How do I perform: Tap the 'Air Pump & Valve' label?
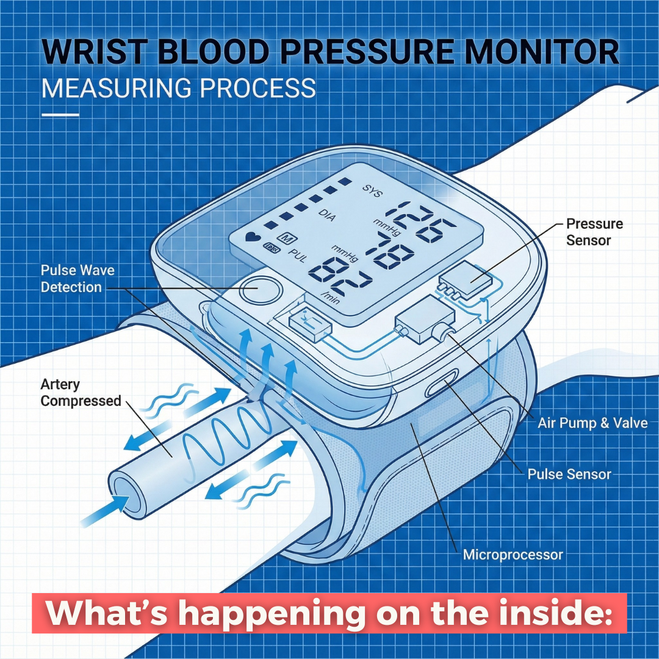coord(592,422)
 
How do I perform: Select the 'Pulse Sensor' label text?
coord(569,474)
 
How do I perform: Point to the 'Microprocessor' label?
coord(513,555)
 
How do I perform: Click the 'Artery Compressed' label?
coord(81,392)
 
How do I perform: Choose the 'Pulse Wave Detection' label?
coord(77,278)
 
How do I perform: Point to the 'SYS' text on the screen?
coord(371,191)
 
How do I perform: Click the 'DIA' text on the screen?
coord(328,213)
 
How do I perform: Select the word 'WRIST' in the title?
coord(92,52)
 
